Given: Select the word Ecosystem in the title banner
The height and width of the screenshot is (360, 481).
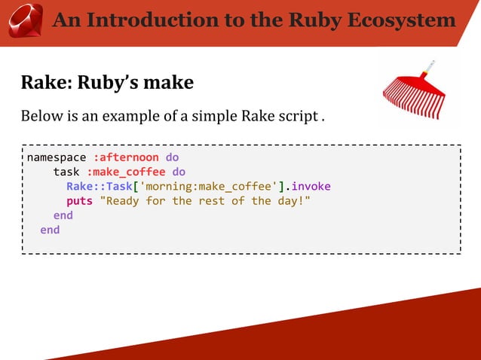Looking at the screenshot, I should [x=403, y=20].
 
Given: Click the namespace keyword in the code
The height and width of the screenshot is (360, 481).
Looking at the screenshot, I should [x=57, y=158].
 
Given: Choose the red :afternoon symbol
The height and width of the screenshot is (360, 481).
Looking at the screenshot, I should [x=126, y=158].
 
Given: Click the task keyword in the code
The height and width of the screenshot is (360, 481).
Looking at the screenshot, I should [x=66, y=172].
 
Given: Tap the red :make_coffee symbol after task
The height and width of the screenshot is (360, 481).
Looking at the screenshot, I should [x=126, y=172].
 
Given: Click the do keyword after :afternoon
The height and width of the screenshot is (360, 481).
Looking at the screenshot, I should [x=172, y=158].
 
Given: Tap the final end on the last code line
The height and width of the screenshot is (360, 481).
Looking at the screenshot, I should [x=50, y=230].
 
